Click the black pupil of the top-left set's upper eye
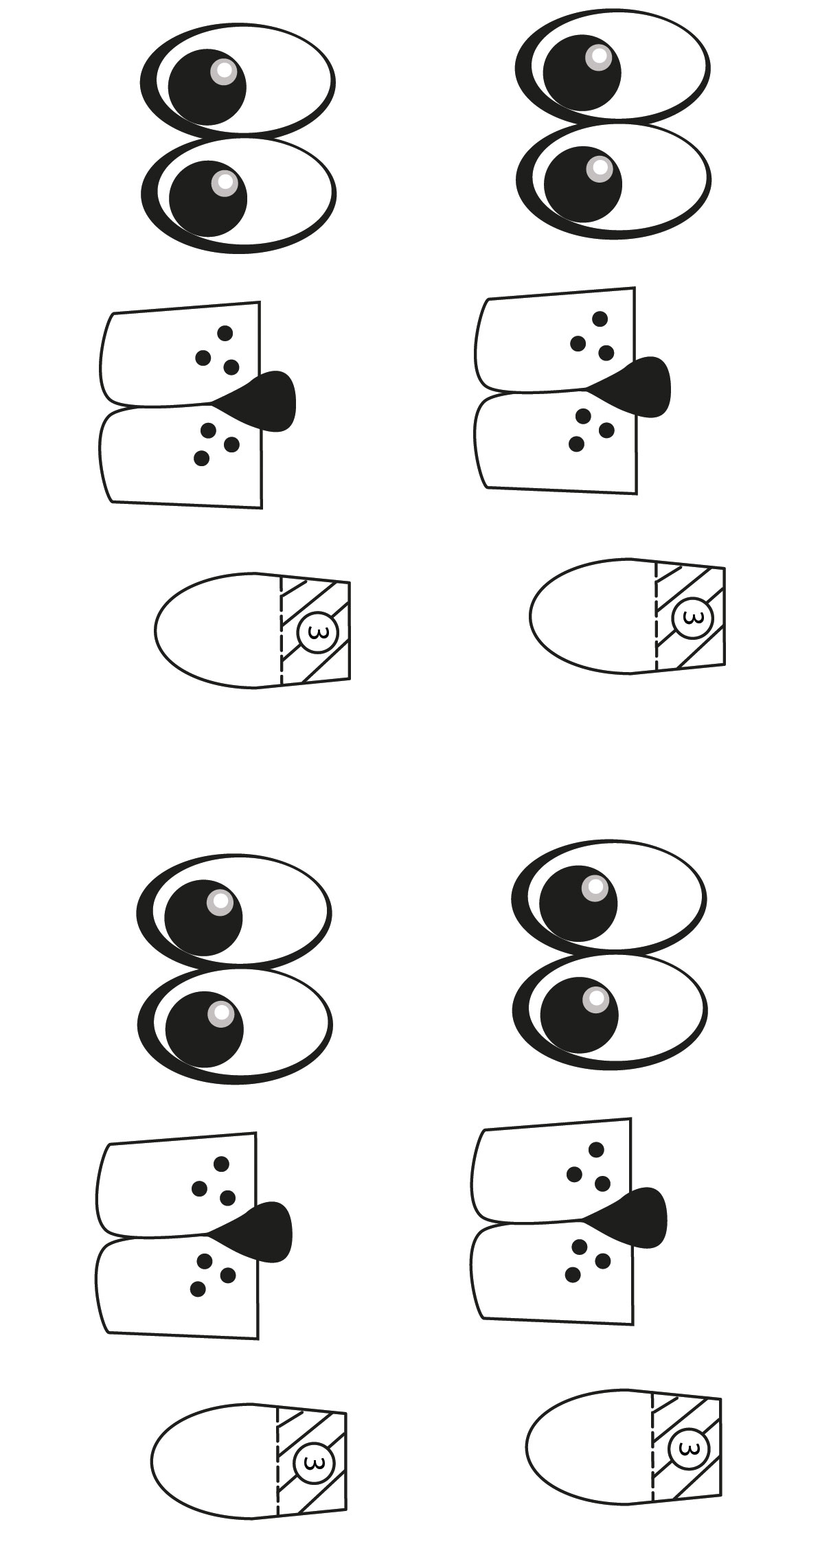[207, 87]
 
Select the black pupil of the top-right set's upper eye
[582, 71]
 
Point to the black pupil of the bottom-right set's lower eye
[579, 1015]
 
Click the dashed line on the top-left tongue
[281, 630]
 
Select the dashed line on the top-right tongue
[656, 616]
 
